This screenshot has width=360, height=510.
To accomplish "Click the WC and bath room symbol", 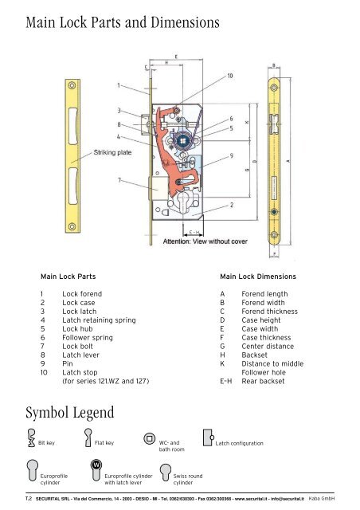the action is tap(148, 437).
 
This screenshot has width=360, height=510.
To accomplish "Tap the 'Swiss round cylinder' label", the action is tap(190, 478).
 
